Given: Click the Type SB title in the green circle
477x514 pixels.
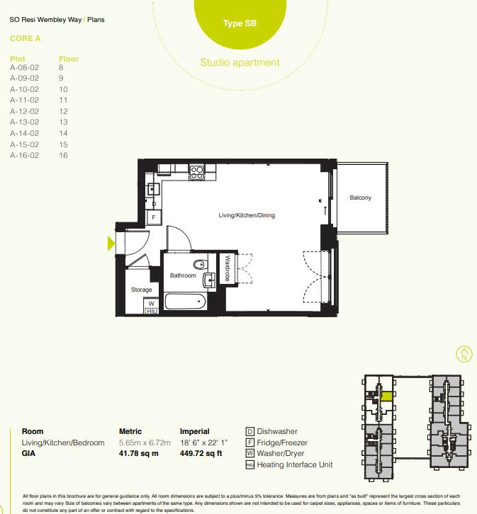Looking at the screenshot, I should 240,23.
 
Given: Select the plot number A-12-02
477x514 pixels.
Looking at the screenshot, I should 24,111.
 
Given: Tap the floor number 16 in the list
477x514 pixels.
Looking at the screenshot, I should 63,155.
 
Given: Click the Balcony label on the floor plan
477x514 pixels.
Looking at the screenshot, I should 360,198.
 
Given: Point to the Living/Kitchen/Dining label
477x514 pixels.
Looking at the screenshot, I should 247,215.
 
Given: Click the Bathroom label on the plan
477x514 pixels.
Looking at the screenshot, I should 182,275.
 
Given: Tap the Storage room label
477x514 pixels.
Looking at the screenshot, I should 142,290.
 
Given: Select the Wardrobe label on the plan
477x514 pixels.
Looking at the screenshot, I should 228,269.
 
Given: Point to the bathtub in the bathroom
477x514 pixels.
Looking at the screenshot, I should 185,302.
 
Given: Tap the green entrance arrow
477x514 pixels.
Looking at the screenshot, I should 111,244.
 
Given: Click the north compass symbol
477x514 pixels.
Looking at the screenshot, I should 464,355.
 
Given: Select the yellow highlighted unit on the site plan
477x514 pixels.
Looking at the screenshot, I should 387,396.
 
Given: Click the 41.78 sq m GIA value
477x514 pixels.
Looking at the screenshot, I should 138,454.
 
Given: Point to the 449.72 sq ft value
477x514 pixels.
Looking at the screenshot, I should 202,454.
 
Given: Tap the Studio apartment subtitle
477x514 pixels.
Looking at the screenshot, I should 240,62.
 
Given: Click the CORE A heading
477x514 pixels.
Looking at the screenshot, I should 26,38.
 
